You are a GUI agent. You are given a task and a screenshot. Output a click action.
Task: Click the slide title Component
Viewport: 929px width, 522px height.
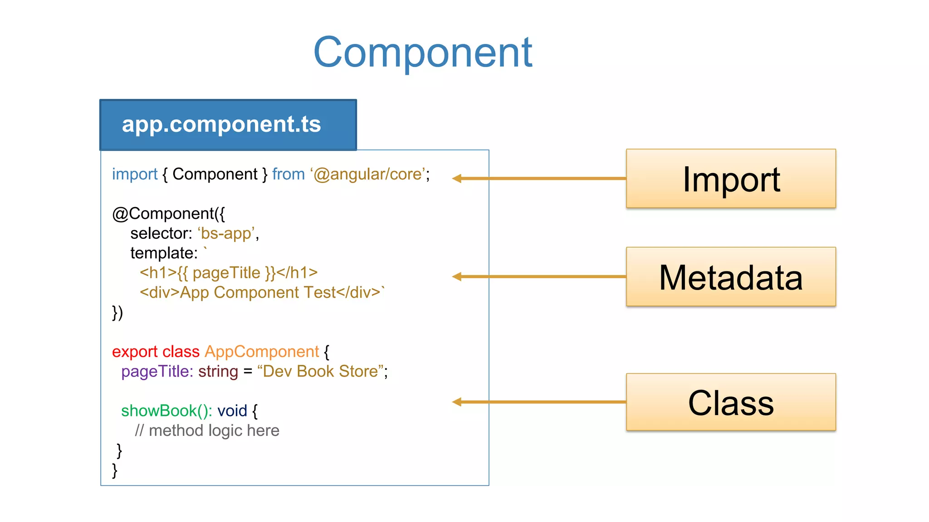[x=422, y=53]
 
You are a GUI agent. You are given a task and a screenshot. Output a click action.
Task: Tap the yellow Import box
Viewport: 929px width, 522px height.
[x=730, y=179]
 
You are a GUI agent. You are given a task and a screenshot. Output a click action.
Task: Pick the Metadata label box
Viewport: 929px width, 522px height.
[x=730, y=277]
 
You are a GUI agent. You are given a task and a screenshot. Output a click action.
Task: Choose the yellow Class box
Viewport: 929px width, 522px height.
[x=730, y=402]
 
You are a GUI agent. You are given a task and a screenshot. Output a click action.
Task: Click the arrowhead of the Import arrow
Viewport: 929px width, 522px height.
[x=457, y=179]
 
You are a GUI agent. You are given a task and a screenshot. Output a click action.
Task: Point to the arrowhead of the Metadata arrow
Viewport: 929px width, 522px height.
[x=457, y=276]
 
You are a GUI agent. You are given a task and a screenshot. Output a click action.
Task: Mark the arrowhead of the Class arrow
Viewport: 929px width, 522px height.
[x=457, y=402]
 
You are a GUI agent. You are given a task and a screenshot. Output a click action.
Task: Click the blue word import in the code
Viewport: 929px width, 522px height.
[x=134, y=174]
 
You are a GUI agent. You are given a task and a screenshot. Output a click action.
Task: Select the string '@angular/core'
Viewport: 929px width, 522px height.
[x=368, y=174]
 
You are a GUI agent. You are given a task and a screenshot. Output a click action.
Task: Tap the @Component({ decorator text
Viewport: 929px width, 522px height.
[x=168, y=213]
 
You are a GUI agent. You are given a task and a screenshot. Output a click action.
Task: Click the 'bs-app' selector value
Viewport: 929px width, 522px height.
[x=226, y=233]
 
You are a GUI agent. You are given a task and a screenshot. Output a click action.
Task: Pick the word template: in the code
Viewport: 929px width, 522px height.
[x=164, y=253]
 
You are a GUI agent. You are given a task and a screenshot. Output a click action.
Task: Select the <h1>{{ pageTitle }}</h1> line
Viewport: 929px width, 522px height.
[x=228, y=273]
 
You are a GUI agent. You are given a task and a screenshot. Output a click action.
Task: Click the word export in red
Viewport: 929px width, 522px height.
[x=135, y=352]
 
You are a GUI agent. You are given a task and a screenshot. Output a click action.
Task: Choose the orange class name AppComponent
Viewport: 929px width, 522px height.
[x=262, y=352]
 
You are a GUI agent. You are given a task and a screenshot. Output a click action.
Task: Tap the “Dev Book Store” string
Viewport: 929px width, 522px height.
[x=321, y=372]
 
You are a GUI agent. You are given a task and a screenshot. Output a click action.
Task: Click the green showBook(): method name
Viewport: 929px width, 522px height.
[x=166, y=411]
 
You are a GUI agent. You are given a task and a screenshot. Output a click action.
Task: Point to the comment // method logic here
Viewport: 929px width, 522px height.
[x=207, y=430]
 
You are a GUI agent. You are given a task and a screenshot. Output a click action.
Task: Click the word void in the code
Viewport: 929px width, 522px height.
[x=232, y=411]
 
